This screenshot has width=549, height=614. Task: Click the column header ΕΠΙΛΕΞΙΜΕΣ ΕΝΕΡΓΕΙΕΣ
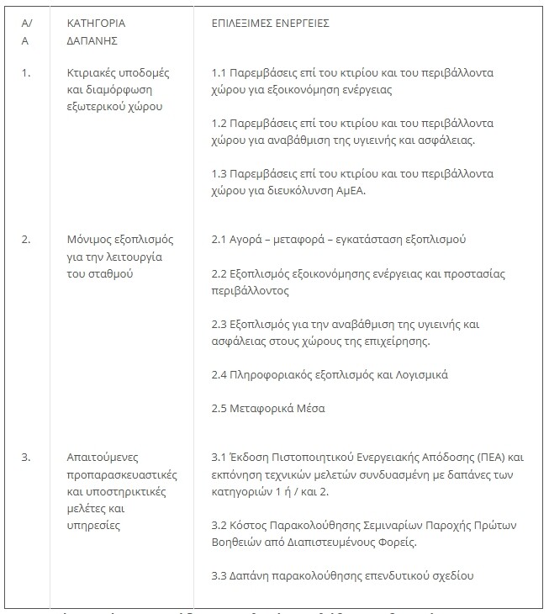point(270,23)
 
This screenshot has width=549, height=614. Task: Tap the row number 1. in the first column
point(26,72)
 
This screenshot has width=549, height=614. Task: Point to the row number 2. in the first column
point(26,239)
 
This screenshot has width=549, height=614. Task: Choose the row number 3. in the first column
point(26,458)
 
